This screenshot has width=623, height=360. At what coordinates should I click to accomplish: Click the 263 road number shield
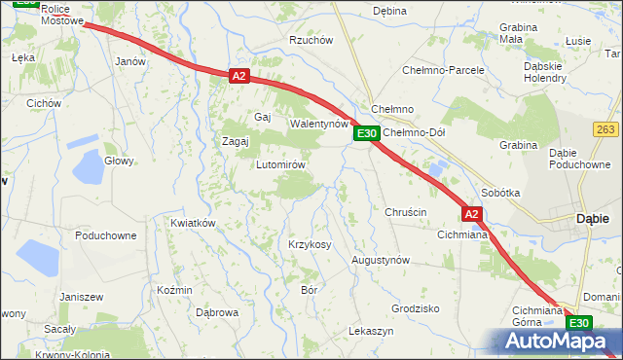click(605, 128)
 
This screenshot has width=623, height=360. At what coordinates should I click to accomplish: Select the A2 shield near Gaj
click(239, 75)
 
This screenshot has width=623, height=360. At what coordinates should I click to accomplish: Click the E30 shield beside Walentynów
click(365, 133)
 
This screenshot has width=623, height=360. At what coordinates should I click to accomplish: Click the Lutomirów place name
click(280, 164)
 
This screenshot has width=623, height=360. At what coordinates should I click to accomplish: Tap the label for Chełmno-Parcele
click(443, 70)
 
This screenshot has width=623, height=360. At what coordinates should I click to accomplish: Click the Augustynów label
click(381, 261)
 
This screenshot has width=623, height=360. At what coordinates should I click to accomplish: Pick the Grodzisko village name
click(416, 307)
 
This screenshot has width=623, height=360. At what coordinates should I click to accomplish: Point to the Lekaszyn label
click(371, 331)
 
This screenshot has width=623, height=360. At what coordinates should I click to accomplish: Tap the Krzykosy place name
click(310, 244)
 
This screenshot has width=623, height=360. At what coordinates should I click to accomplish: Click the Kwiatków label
click(192, 223)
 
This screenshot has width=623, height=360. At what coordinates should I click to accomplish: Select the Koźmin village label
click(174, 290)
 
